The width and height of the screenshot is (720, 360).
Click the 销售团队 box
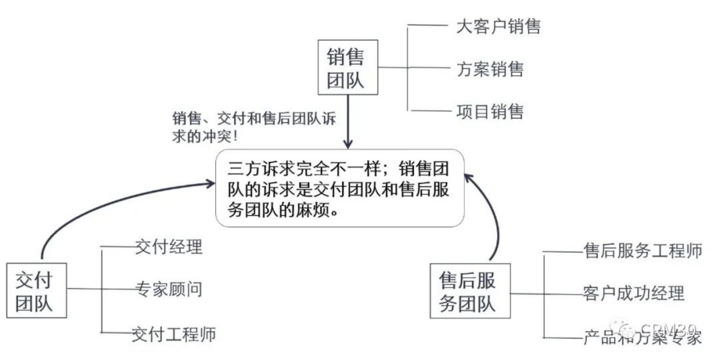(348, 68)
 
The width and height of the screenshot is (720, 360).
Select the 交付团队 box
(36, 290)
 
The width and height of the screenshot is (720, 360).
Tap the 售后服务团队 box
(470, 291)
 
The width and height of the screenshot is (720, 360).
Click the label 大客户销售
(498, 26)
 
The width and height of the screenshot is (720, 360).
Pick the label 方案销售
(490, 69)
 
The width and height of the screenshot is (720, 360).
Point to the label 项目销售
(490, 111)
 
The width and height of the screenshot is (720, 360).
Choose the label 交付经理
(169, 247)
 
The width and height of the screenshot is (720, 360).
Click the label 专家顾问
(169, 289)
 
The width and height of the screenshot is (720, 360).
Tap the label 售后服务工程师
(643, 251)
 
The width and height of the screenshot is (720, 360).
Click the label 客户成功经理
(634, 293)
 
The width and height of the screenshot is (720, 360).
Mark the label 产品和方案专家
(643, 338)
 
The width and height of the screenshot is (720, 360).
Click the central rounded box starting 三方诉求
(340, 188)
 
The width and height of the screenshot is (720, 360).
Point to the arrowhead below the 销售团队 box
(348, 144)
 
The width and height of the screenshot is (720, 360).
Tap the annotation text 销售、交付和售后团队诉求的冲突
(253, 127)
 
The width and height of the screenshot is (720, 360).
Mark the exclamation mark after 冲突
(235, 136)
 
